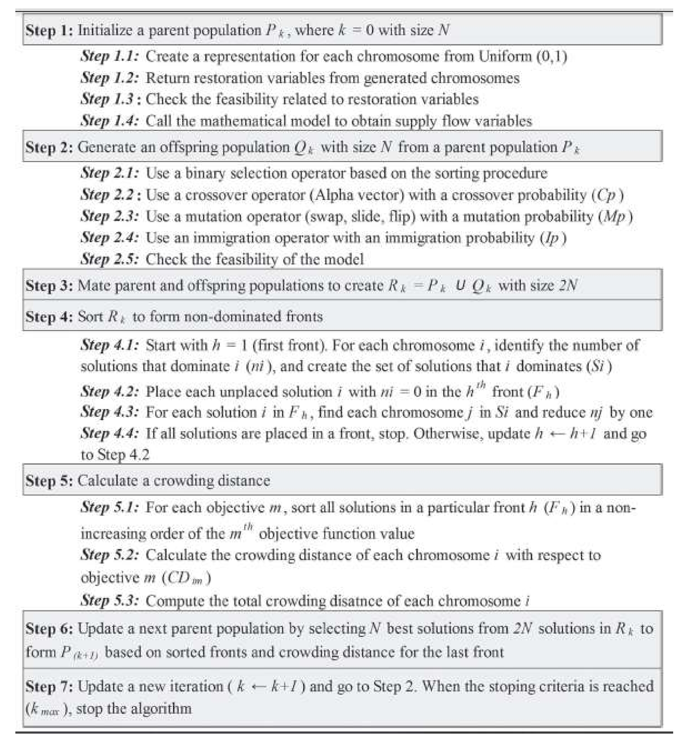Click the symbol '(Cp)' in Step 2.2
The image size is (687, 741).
tap(607, 195)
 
